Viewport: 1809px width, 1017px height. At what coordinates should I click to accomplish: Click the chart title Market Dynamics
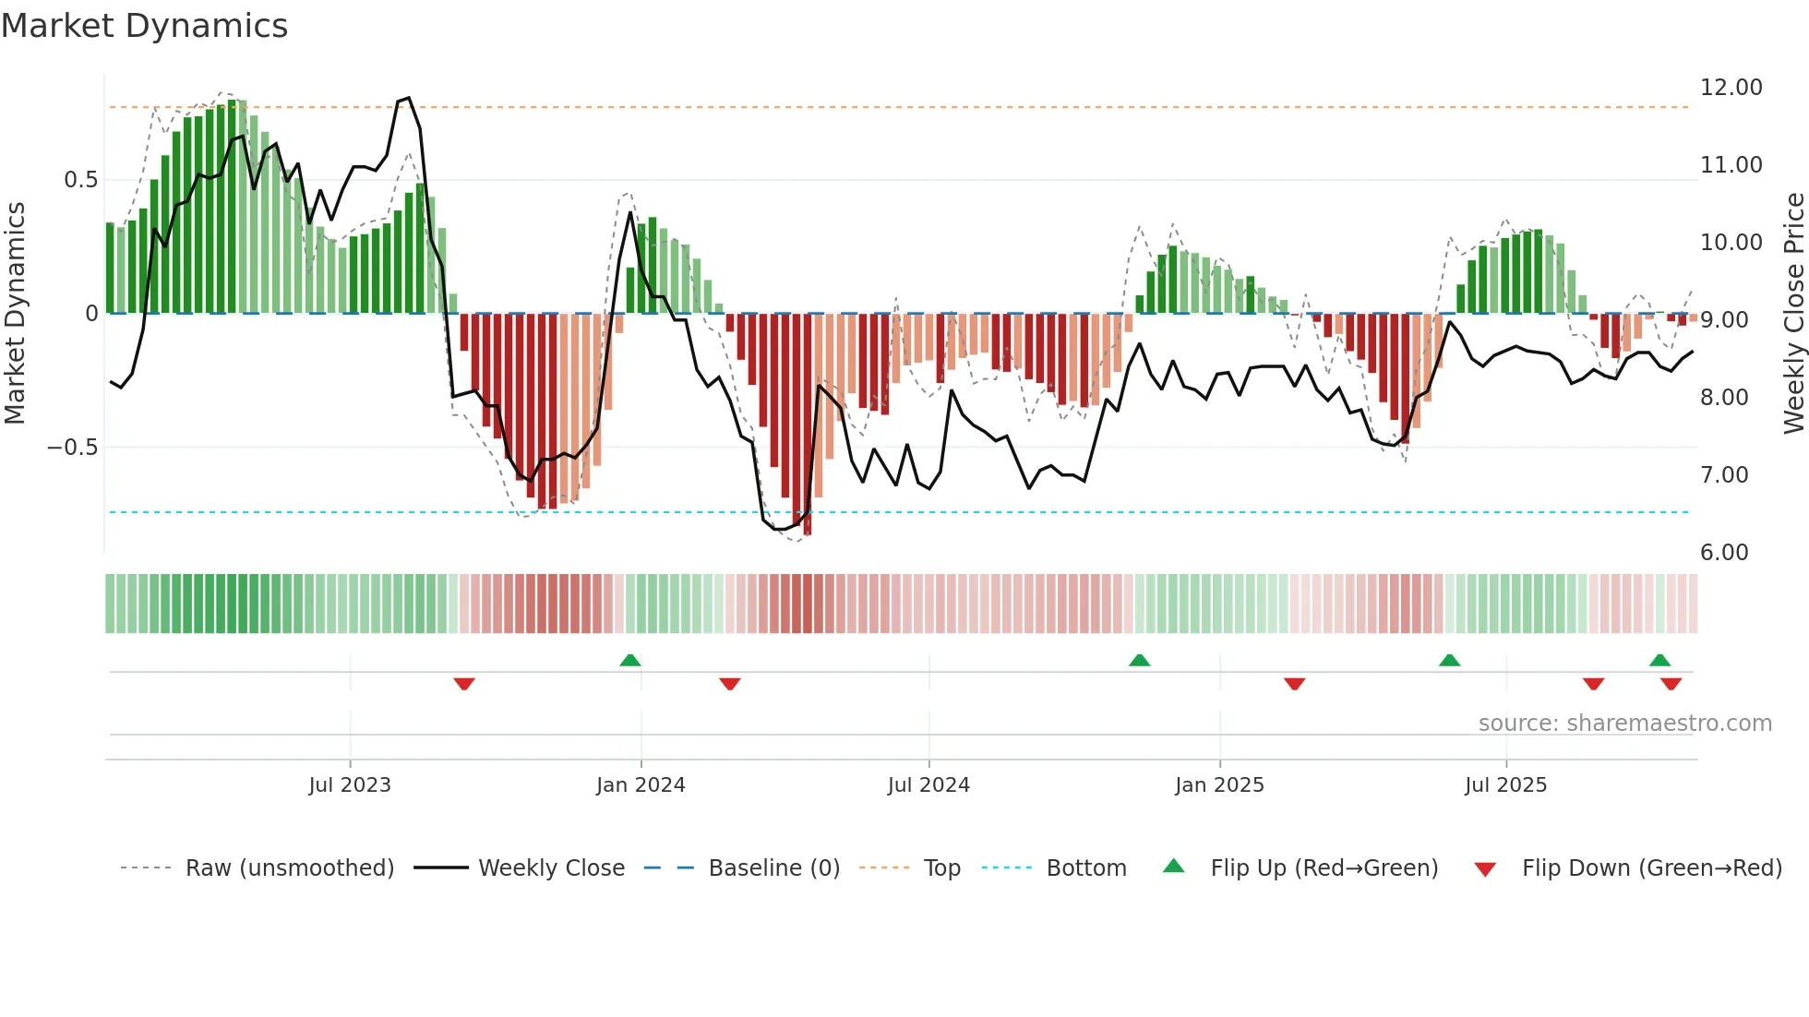coord(145,26)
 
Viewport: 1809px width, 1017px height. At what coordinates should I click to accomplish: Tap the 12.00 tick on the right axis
coord(1731,88)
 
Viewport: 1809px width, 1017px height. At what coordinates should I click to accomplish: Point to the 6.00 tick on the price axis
coord(1723,553)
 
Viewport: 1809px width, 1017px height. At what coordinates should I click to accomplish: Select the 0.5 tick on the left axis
coord(80,180)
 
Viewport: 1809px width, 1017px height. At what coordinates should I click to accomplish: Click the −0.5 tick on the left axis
coord(72,448)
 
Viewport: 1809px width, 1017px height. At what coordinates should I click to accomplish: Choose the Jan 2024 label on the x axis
coord(641,785)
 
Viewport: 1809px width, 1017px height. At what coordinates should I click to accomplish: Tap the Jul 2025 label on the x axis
coord(1505,785)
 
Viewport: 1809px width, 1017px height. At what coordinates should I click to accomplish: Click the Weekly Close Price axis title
coord(1793,314)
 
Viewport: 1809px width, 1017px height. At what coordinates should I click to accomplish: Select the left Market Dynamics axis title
coord(16,314)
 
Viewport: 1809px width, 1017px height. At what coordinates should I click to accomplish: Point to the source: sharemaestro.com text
coord(1624,724)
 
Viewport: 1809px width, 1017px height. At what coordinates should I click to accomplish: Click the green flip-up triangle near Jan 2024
coord(630,661)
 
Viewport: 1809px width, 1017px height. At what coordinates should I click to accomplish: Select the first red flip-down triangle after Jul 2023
coord(464,684)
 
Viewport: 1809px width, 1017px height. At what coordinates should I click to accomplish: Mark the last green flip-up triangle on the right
coord(1659,661)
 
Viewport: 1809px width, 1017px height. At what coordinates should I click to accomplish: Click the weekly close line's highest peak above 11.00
coord(408,98)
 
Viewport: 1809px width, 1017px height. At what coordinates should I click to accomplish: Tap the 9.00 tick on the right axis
coord(1723,320)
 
